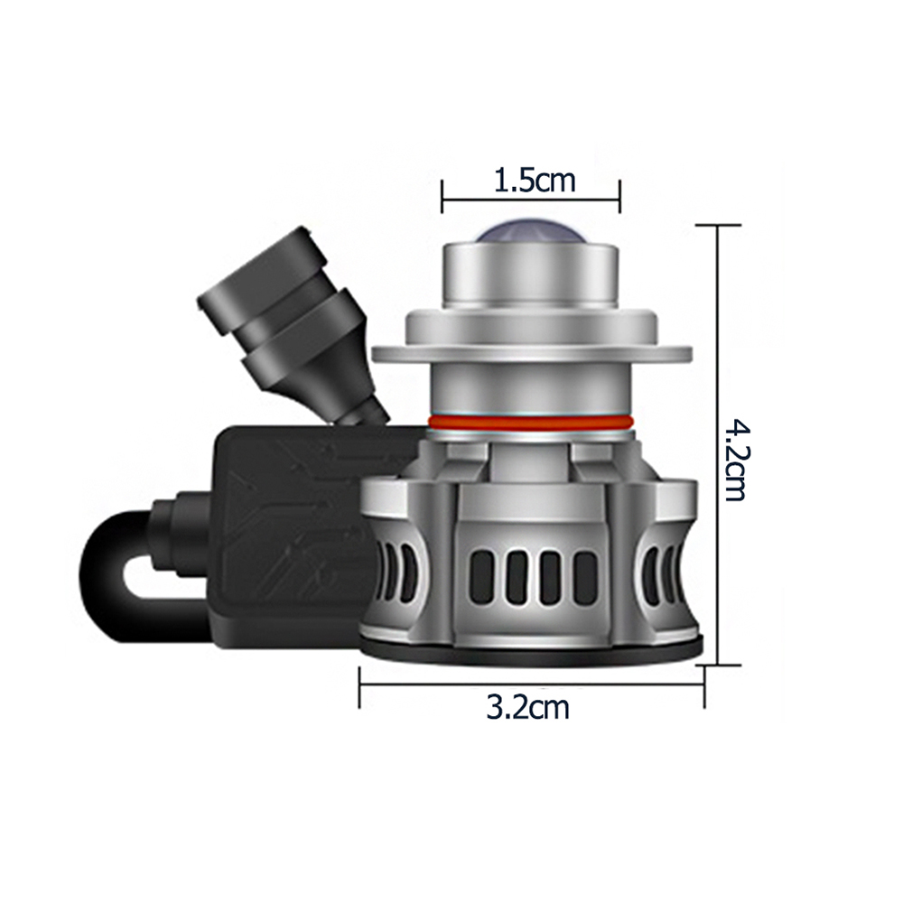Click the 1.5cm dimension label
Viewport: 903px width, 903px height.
coord(535,181)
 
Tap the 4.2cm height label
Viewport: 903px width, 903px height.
coord(735,461)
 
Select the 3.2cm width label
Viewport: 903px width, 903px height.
coord(528,707)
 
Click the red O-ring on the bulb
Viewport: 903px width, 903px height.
coord(530,423)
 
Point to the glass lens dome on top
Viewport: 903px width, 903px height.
coord(530,233)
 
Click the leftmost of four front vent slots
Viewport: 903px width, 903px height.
coord(482,578)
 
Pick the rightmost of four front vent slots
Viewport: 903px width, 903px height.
coord(583,578)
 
